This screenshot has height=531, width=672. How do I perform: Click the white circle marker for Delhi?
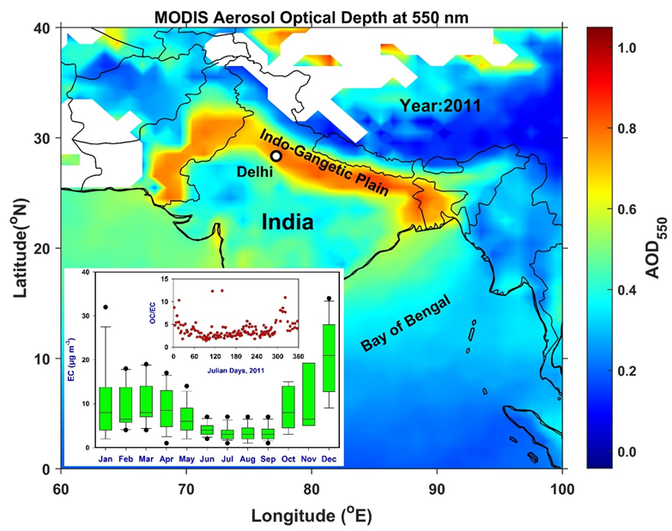[276, 155]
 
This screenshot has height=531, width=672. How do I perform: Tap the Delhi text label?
[256, 172]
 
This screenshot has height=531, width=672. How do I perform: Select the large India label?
[288, 221]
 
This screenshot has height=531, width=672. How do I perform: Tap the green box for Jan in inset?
[106, 408]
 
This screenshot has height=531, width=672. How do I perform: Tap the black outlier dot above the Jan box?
[106, 306]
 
